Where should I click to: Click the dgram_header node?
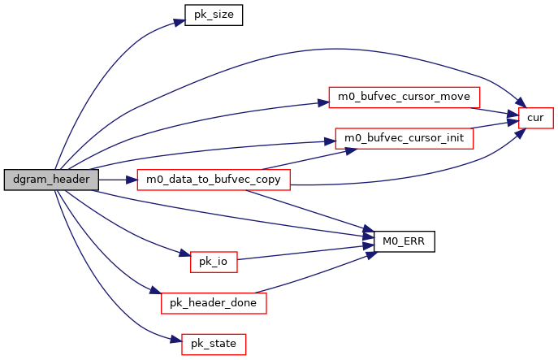(51, 179)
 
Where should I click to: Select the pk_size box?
(214, 15)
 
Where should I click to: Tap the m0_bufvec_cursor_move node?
(404, 97)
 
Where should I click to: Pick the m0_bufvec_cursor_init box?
(404, 137)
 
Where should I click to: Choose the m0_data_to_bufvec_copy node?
(214, 179)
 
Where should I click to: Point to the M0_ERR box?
(404, 241)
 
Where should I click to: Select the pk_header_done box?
(214, 303)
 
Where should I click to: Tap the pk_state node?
(214, 344)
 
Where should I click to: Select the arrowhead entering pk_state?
(176, 341)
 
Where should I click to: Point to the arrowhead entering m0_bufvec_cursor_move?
(322, 102)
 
